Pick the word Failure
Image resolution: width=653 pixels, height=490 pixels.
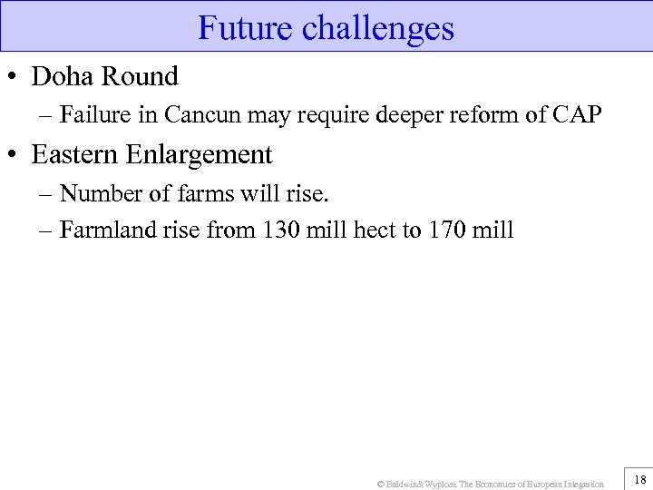[x=93, y=116]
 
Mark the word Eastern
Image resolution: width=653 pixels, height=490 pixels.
[x=75, y=155]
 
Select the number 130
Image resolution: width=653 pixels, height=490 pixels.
[x=280, y=230]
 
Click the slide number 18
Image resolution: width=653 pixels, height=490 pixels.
[x=639, y=479]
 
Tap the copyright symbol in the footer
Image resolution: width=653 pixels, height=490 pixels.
[x=380, y=484]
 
